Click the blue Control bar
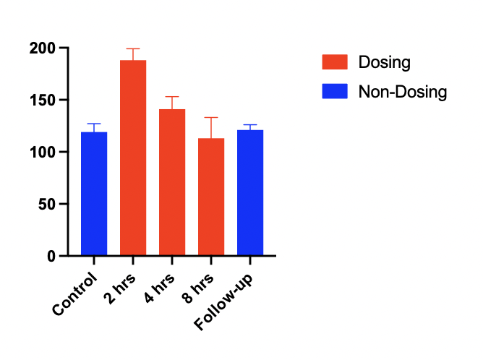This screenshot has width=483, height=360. (x=94, y=194)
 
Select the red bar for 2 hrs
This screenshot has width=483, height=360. (x=133, y=158)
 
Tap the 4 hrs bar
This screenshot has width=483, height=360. (x=172, y=182)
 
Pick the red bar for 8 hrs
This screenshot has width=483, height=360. (x=211, y=197)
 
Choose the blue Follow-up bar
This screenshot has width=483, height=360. (x=250, y=193)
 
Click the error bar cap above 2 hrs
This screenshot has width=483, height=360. (x=133, y=48)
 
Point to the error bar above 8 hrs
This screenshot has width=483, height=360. (x=211, y=128)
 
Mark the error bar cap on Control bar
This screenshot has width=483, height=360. (x=94, y=124)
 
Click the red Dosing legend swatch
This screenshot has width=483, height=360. (x=335, y=62)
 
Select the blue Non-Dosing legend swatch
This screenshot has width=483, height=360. (x=335, y=91)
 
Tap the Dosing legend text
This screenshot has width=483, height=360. (x=385, y=62)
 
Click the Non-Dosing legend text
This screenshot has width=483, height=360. (x=403, y=92)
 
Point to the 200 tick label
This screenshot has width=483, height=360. (x=42, y=48)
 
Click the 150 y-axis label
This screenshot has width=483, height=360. (x=42, y=100)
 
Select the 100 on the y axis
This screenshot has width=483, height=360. (x=42, y=152)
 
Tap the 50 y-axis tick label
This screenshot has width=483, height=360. (x=47, y=204)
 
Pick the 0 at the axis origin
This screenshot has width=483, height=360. (x=51, y=256)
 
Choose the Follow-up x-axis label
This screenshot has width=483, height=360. (x=223, y=301)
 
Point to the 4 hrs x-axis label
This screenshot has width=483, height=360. (x=159, y=288)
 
